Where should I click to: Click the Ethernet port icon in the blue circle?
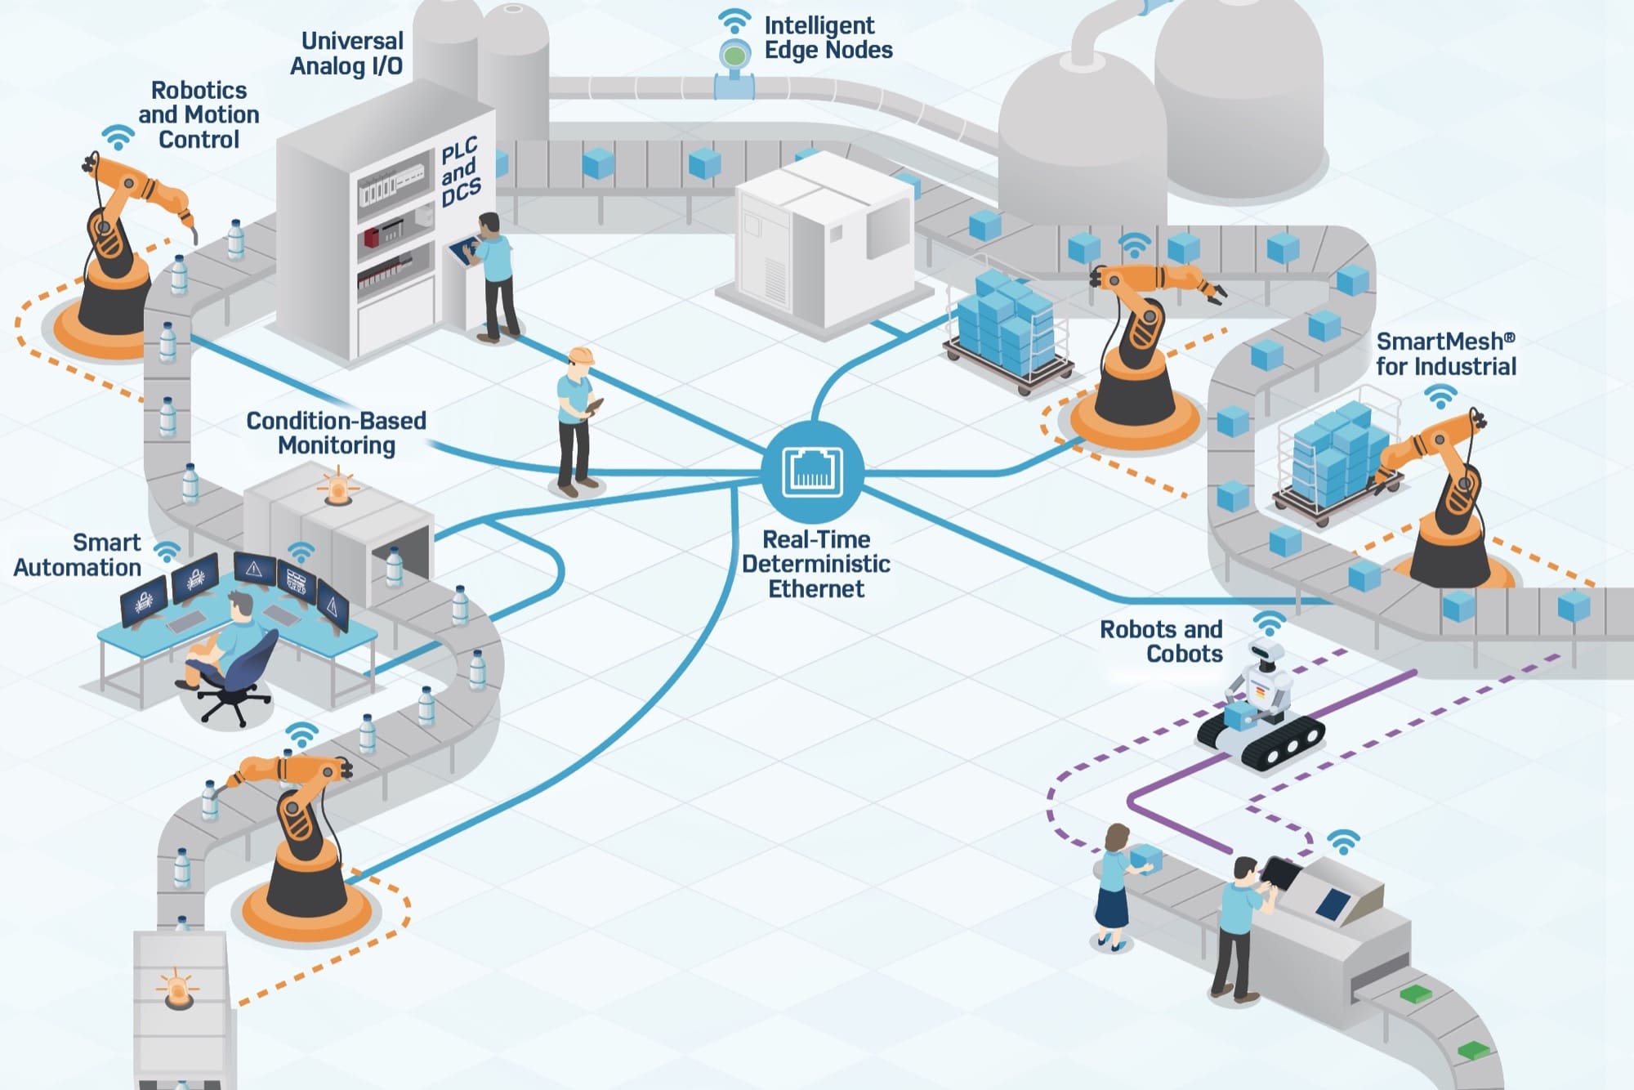click(812, 472)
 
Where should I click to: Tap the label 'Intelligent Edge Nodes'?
click(828, 38)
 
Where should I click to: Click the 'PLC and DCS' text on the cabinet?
click(460, 172)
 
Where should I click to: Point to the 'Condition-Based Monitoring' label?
click(337, 433)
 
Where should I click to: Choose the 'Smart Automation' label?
click(78, 555)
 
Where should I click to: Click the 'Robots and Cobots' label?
click(1162, 641)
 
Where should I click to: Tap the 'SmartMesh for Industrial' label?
click(1445, 354)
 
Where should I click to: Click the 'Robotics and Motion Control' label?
click(199, 114)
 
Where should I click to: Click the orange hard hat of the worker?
click(581, 355)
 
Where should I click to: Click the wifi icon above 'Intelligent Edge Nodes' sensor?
click(734, 20)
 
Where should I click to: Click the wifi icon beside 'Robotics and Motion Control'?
click(118, 137)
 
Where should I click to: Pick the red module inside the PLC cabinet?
click(373, 237)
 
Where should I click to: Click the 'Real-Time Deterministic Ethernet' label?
click(815, 564)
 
